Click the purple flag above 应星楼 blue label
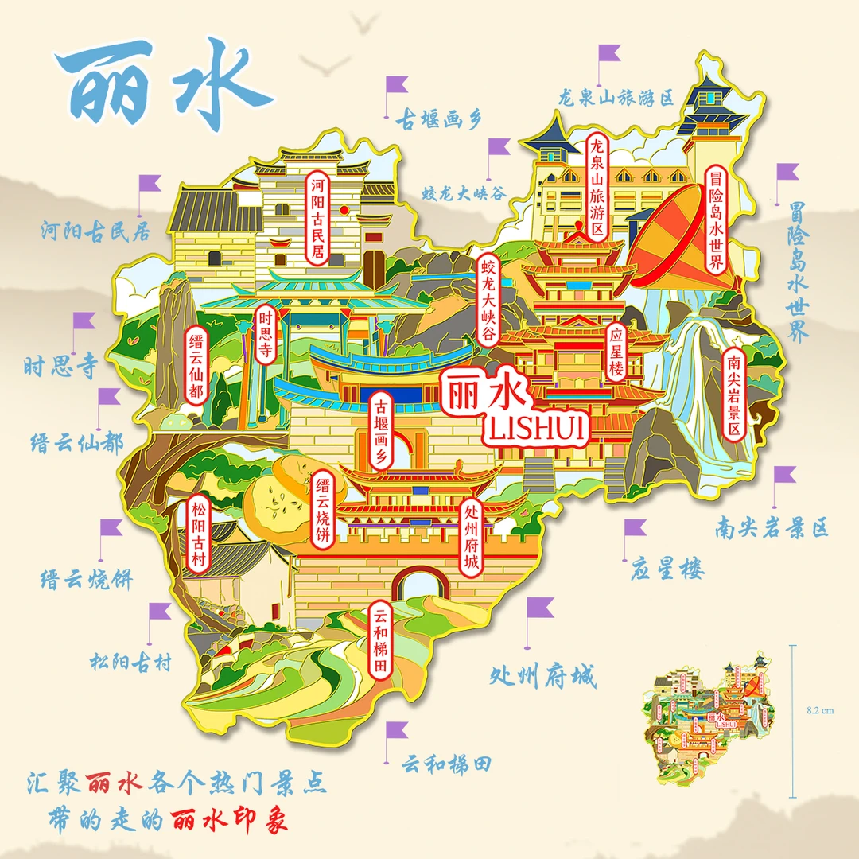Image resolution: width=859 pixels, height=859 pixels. pyautogui.click(x=634, y=528)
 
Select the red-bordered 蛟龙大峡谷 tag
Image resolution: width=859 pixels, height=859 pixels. pyautogui.click(x=487, y=298)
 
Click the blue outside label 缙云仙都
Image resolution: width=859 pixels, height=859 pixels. pyautogui.click(x=76, y=442)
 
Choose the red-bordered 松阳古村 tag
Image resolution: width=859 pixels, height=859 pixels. pyautogui.click(x=197, y=534)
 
